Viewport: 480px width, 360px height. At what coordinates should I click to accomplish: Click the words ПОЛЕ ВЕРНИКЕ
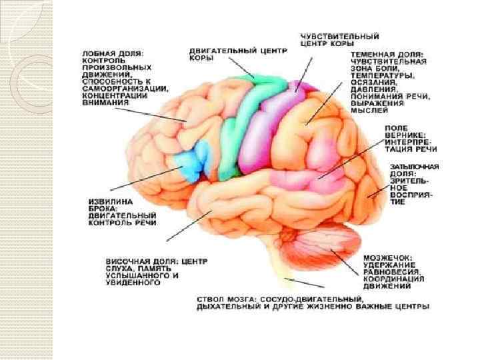point(398,130)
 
